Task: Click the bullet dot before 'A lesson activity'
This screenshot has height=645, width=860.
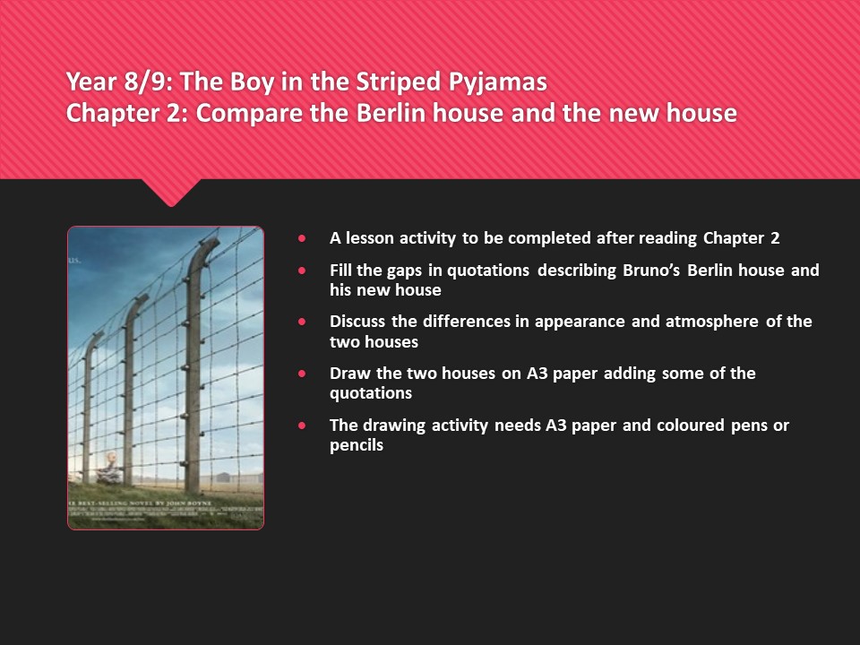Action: (x=302, y=238)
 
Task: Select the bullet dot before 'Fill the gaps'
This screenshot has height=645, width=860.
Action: (x=302, y=270)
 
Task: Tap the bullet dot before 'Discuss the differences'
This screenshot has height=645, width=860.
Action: (x=302, y=321)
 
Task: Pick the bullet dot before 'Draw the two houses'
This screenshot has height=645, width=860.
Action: (x=302, y=373)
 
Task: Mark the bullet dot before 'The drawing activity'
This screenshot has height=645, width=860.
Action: (x=302, y=425)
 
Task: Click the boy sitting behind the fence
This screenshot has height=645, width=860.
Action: (x=108, y=467)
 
